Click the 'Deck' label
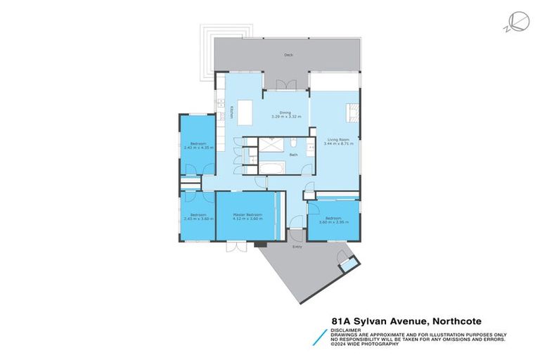point(288,55)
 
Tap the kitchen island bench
point(245,111)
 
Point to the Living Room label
point(338,139)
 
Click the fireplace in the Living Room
point(354,110)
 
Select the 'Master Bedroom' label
point(248,214)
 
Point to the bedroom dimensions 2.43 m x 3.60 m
point(198,218)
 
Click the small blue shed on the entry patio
point(347,266)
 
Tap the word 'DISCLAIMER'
point(347,329)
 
